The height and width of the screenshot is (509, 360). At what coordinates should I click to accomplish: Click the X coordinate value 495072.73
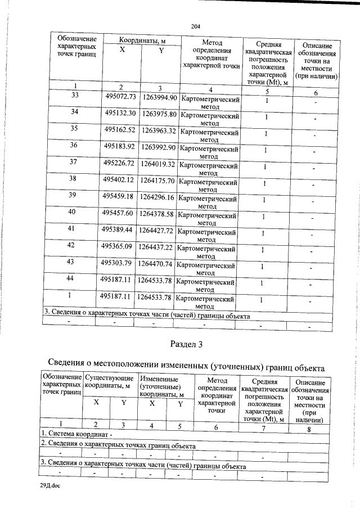[x=120, y=97]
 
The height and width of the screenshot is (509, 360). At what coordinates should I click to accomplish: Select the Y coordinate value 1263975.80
[x=159, y=114]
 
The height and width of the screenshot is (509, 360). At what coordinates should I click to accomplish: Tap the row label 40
[x=71, y=211]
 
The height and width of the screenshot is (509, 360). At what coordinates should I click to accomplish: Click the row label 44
[x=71, y=278]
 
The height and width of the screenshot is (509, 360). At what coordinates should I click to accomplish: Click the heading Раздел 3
[x=186, y=343]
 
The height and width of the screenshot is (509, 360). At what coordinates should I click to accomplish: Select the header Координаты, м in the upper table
[x=142, y=41]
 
